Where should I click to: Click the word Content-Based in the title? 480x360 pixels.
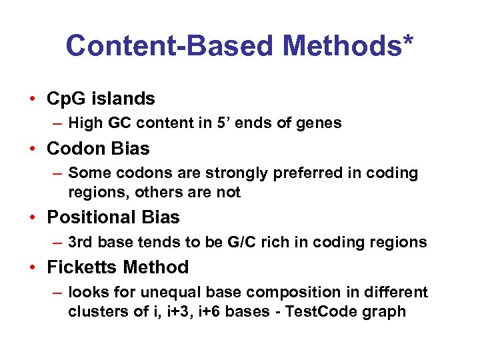169,45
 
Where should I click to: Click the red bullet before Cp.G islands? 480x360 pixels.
32,99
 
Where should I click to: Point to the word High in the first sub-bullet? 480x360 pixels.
85,123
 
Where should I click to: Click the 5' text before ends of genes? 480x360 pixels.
221,123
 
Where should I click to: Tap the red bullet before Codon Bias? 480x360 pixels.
32,149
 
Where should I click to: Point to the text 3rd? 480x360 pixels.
81,242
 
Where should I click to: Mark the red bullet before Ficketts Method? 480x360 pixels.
32,267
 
